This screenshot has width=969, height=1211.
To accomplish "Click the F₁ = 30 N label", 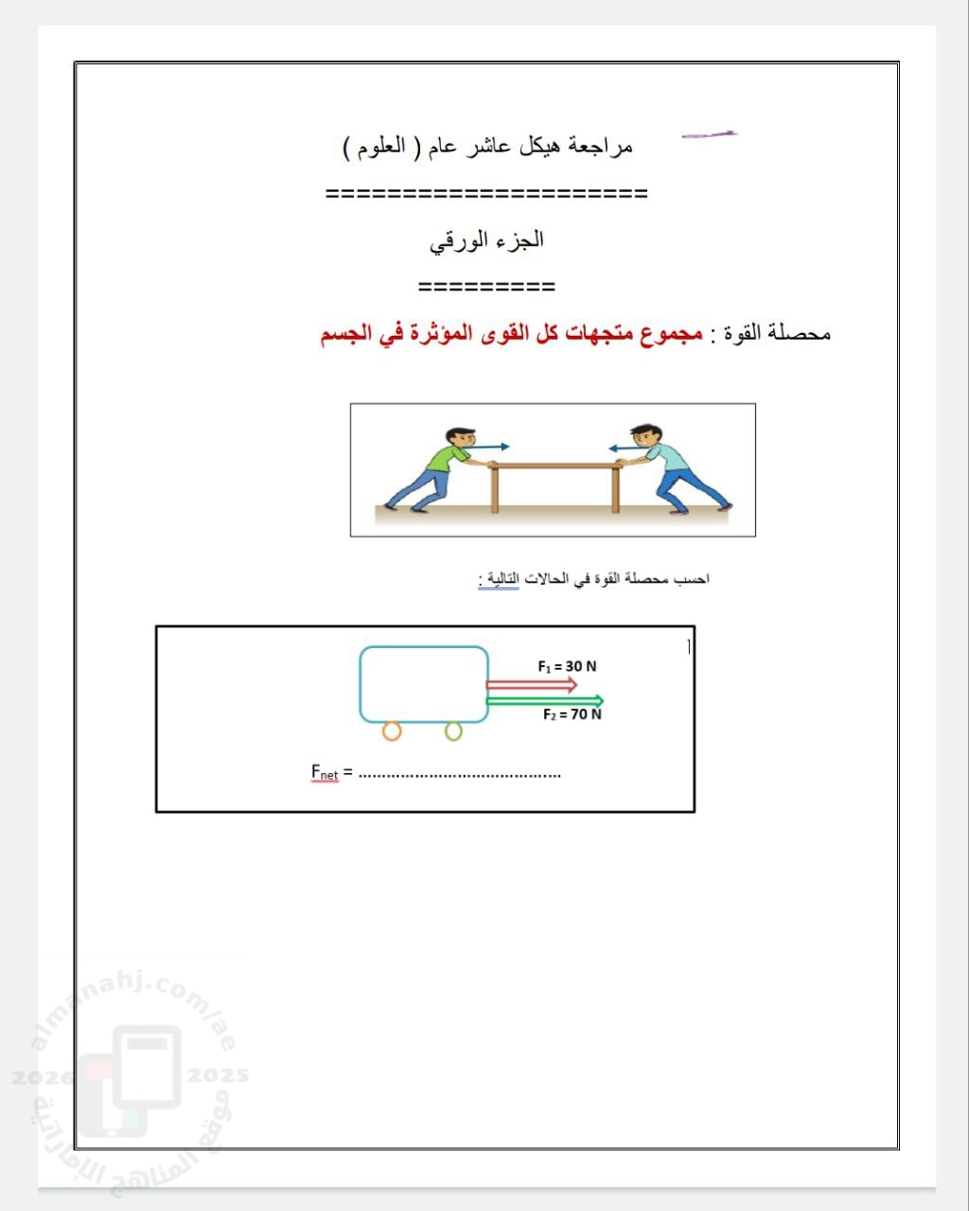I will pyautogui.click(x=567, y=666).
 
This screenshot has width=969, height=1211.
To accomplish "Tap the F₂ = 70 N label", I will pyautogui.click(x=572, y=714).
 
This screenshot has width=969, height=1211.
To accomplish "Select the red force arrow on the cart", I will pyautogui.click(x=531, y=684).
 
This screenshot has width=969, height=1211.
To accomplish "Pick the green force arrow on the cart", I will pyautogui.click(x=544, y=701).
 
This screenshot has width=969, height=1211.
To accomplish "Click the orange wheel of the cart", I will pyautogui.click(x=392, y=730).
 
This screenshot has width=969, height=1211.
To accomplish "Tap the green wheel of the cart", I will pyautogui.click(x=453, y=730).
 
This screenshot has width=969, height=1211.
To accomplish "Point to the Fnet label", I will pyautogui.click(x=325, y=772).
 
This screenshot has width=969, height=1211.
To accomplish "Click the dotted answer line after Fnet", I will pyautogui.click(x=460, y=774).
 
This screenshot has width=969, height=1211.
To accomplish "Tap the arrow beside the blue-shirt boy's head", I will pyautogui.click(x=625, y=448).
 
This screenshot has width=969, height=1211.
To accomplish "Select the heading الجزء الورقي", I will pyautogui.click(x=486, y=240).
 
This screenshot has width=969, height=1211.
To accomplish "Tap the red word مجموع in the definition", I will pyautogui.click(x=670, y=333).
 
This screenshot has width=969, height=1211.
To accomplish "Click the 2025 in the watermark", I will pyautogui.click(x=218, y=1076).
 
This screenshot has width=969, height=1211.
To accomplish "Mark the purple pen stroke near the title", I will pyautogui.click(x=709, y=135).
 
